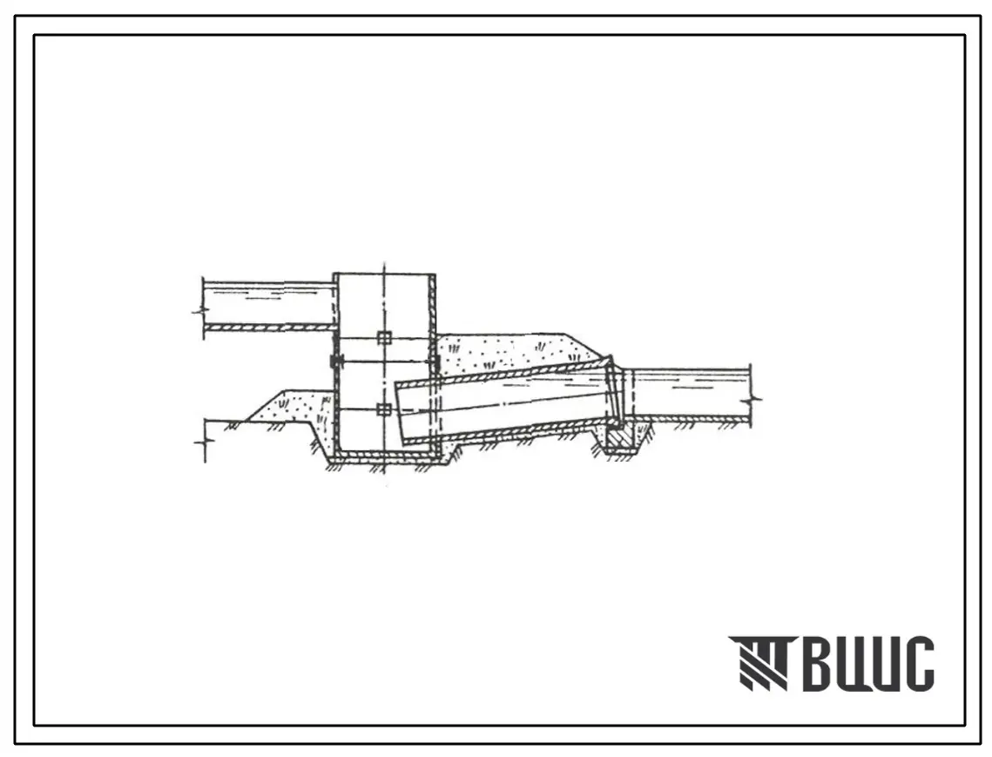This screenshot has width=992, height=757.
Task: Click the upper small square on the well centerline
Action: [x=384, y=337]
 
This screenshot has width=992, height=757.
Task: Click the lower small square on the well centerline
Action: [x=384, y=409]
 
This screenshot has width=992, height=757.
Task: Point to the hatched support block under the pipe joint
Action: [x=618, y=437]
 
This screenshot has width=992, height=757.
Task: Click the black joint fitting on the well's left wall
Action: [x=335, y=362]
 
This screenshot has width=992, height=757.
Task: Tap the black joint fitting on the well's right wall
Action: [x=434, y=362]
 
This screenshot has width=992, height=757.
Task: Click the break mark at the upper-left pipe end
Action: [x=201, y=310]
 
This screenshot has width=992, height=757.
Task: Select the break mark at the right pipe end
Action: [x=753, y=399]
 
